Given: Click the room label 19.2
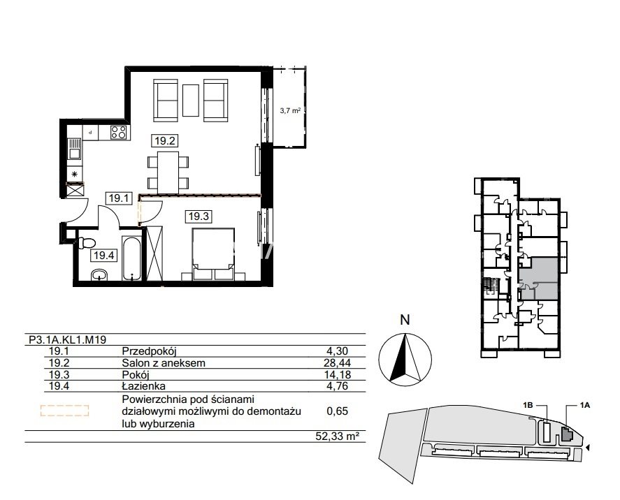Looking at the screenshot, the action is (165, 140).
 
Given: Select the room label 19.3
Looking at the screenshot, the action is (199, 216).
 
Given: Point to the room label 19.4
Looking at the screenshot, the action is (104, 256).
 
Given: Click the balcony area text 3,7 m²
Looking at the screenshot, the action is (290, 111).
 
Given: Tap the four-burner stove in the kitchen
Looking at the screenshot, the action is (119, 132).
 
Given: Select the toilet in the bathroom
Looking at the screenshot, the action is (87, 242).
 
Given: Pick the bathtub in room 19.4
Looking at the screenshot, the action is (131, 258).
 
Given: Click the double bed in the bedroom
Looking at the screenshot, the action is (213, 254).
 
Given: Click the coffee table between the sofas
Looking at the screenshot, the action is (191, 101).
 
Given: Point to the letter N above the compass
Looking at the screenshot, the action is (405, 320).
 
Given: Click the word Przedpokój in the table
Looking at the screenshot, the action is (149, 351).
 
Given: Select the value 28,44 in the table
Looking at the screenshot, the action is (338, 363).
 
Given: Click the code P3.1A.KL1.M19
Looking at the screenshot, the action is (68, 339).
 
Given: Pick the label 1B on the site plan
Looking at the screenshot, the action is (528, 405).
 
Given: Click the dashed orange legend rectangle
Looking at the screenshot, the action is (65, 411).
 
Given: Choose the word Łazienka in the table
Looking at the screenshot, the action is (144, 386).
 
